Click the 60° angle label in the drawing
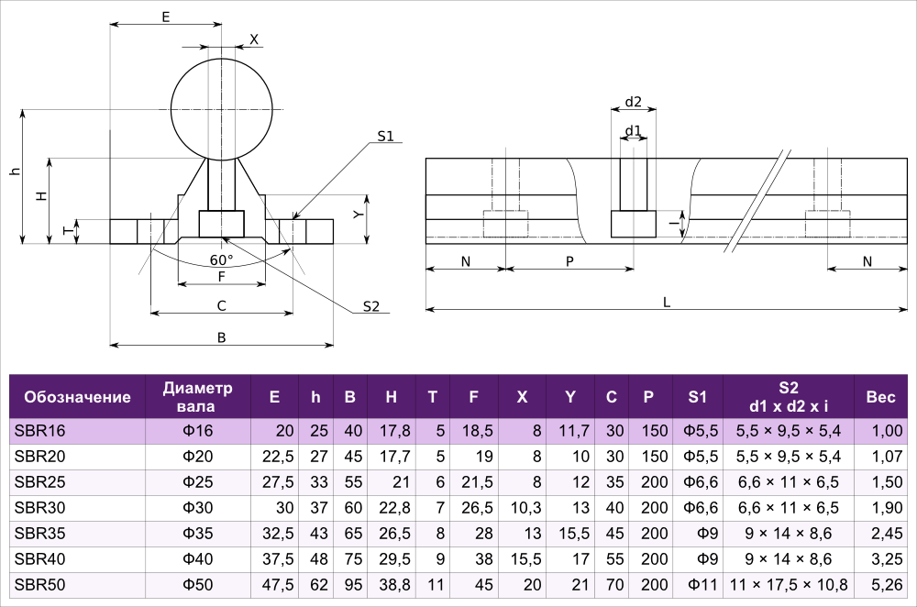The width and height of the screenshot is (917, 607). point(221,259)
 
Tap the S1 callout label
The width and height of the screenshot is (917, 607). point(385,137)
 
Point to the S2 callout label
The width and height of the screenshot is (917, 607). point(370,306)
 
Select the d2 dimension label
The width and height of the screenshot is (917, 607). point(634,102)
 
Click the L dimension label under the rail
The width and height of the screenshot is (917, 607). point(666,303)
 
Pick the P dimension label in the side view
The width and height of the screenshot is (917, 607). point(569,262)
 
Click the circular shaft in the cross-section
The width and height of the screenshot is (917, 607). point(222,109)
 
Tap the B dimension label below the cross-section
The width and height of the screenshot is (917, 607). point(221,337)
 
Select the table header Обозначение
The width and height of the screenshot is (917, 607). point(77,397)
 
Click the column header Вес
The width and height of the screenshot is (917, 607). point(880,397)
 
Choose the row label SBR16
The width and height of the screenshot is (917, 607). point(39,431)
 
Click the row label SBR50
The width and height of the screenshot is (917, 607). point(39,585)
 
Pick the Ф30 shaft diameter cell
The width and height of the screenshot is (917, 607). point(198,508)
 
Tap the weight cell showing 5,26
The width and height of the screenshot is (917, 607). point(887,585)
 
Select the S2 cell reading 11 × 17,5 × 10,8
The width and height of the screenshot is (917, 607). point(789,585)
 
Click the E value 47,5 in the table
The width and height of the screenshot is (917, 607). point(278,585)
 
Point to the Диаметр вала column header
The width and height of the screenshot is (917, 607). point(198,397)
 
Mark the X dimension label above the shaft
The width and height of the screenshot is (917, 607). point(254,39)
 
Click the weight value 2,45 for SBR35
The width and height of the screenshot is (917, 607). point(887,534)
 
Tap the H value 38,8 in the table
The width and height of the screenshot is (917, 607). point(394,585)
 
